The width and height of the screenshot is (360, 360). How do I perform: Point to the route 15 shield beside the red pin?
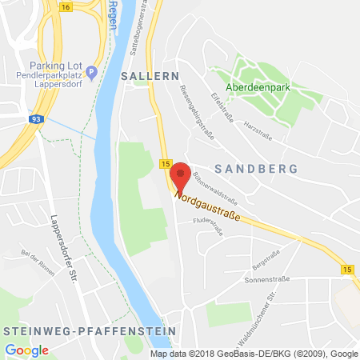(165, 164)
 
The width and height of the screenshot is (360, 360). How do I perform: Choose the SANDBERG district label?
(257, 169)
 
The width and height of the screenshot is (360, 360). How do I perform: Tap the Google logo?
(27, 350)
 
